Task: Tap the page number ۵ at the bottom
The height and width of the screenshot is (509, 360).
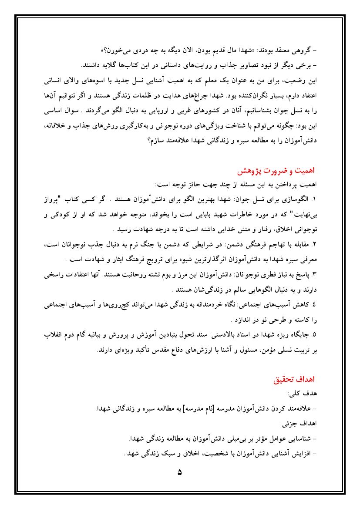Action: tap(180, 472)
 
